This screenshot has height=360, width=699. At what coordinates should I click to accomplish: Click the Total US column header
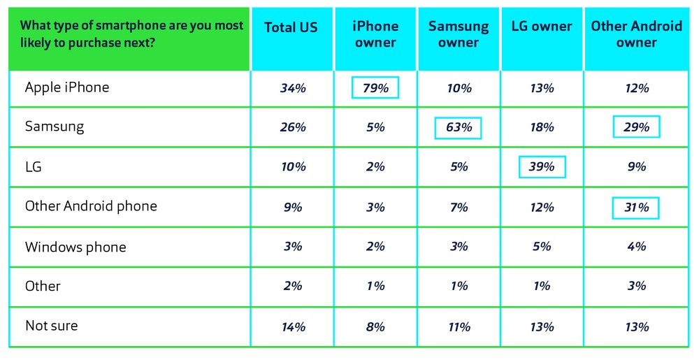[291, 27]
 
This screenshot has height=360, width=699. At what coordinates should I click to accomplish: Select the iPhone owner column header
[375, 34]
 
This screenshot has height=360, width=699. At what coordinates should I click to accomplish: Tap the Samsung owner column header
[459, 34]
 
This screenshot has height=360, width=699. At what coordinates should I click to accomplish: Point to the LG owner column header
[542, 27]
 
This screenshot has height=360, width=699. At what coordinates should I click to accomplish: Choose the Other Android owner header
[636, 34]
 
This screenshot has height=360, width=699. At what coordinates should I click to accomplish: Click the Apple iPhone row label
[67, 87]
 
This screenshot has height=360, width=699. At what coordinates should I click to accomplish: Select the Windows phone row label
[76, 247]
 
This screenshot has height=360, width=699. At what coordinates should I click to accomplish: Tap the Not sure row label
[51, 326]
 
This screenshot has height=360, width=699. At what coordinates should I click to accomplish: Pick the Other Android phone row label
[91, 206]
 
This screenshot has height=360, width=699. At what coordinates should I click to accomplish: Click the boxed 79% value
[375, 88]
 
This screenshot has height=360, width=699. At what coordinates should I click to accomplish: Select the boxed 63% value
[459, 128]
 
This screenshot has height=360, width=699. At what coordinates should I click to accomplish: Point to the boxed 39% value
[542, 168]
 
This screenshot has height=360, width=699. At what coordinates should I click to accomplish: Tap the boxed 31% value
[636, 208]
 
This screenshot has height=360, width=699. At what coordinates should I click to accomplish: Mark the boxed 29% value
[636, 128]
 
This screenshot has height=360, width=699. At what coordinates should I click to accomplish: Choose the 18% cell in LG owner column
[542, 128]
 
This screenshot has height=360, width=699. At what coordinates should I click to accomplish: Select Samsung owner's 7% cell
[459, 208]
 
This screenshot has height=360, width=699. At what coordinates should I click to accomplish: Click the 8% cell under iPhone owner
[375, 326]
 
